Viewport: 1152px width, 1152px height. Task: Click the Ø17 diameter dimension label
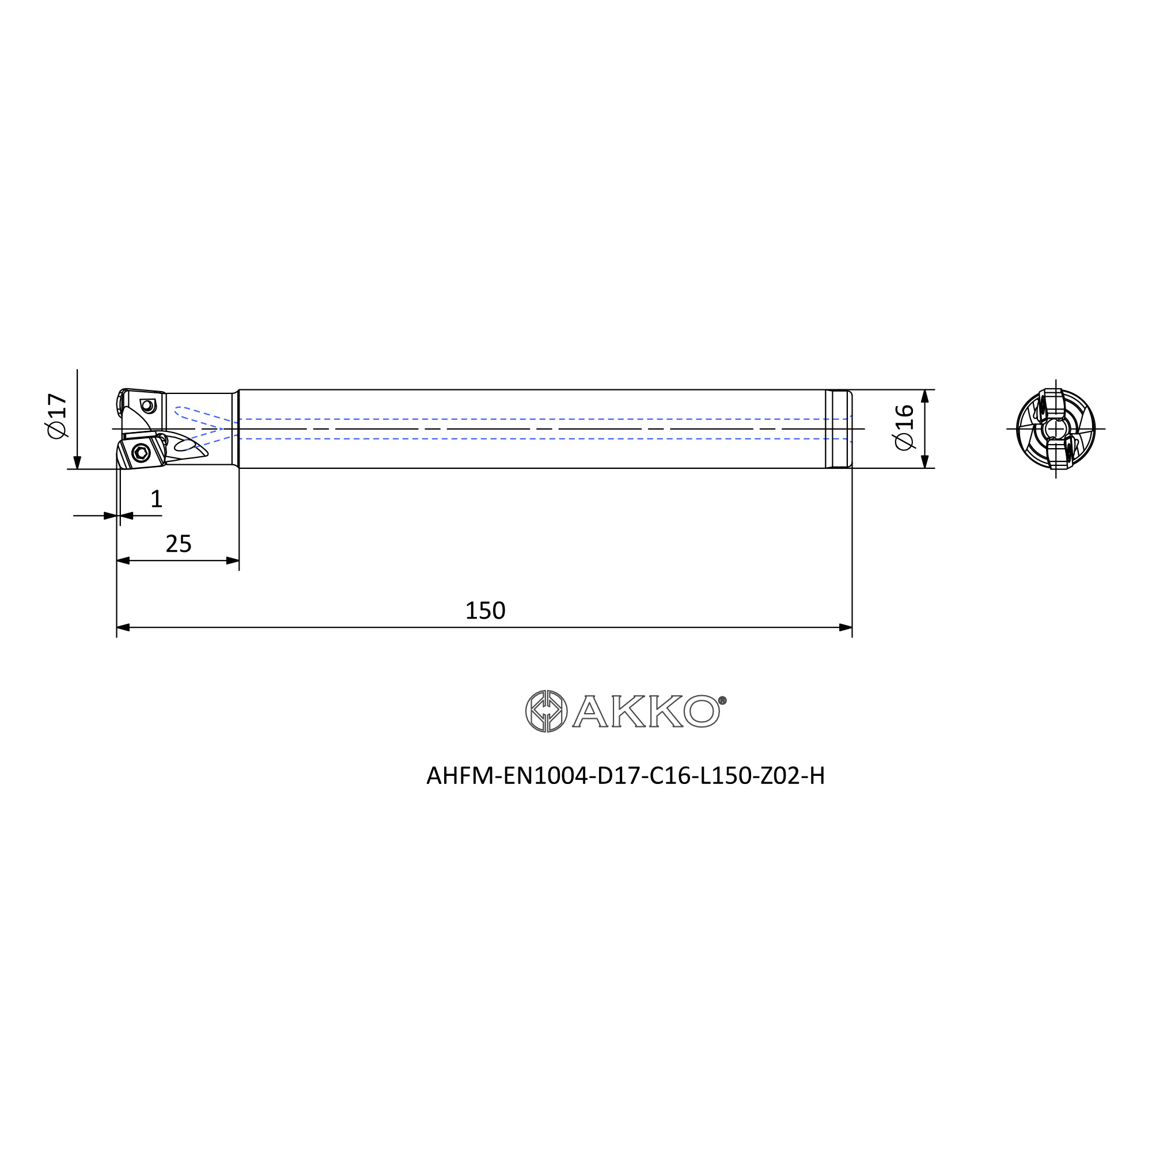(x=57, y=416)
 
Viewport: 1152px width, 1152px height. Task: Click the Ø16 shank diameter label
(x=904, y=427)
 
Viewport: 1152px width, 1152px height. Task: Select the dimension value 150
(x=485, y=611)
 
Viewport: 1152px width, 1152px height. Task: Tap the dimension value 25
(x=179, y=544)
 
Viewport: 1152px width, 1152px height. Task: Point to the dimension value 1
(x=156, y=498)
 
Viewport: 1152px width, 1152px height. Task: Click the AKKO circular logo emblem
(x=546, y=711)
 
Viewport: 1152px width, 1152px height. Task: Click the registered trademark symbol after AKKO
(x=722, y=700)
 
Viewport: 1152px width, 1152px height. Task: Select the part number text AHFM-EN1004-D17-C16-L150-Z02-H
(x=626, y=776)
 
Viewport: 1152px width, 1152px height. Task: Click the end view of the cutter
(x=1055, y=429)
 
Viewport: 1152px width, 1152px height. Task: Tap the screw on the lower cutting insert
(x=141, y=453)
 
